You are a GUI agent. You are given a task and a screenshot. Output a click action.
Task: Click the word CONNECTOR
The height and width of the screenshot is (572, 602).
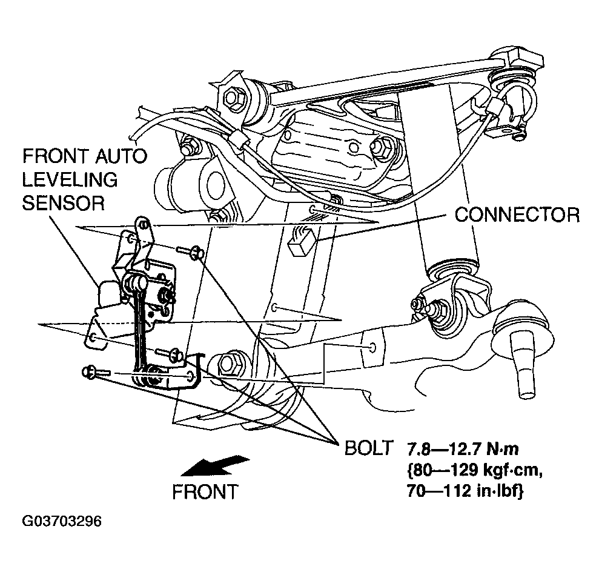pyautogui.click(x=517, y=215)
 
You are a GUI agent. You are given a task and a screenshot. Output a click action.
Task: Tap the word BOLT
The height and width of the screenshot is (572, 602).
pyautogui.click(x=369, y=448)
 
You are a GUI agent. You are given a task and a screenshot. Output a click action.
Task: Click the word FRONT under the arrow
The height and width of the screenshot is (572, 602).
pyautogui.click(x=205, y=491)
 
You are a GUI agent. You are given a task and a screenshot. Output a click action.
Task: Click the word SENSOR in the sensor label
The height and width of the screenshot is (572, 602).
pyautogui.click(x=63, y=202)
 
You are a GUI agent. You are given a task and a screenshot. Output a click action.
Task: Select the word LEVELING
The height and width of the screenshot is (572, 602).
pyautogui.click(x=70, y=179)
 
